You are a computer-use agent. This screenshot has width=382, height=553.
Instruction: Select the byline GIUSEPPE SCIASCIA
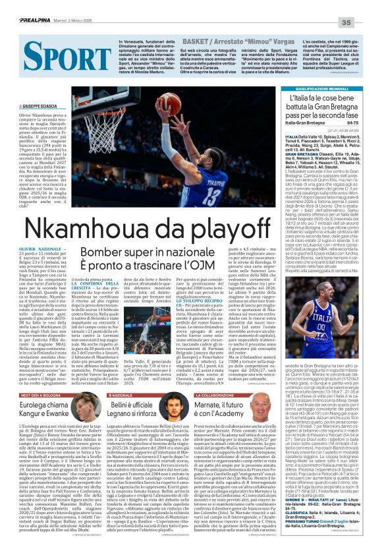pos(34,105)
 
